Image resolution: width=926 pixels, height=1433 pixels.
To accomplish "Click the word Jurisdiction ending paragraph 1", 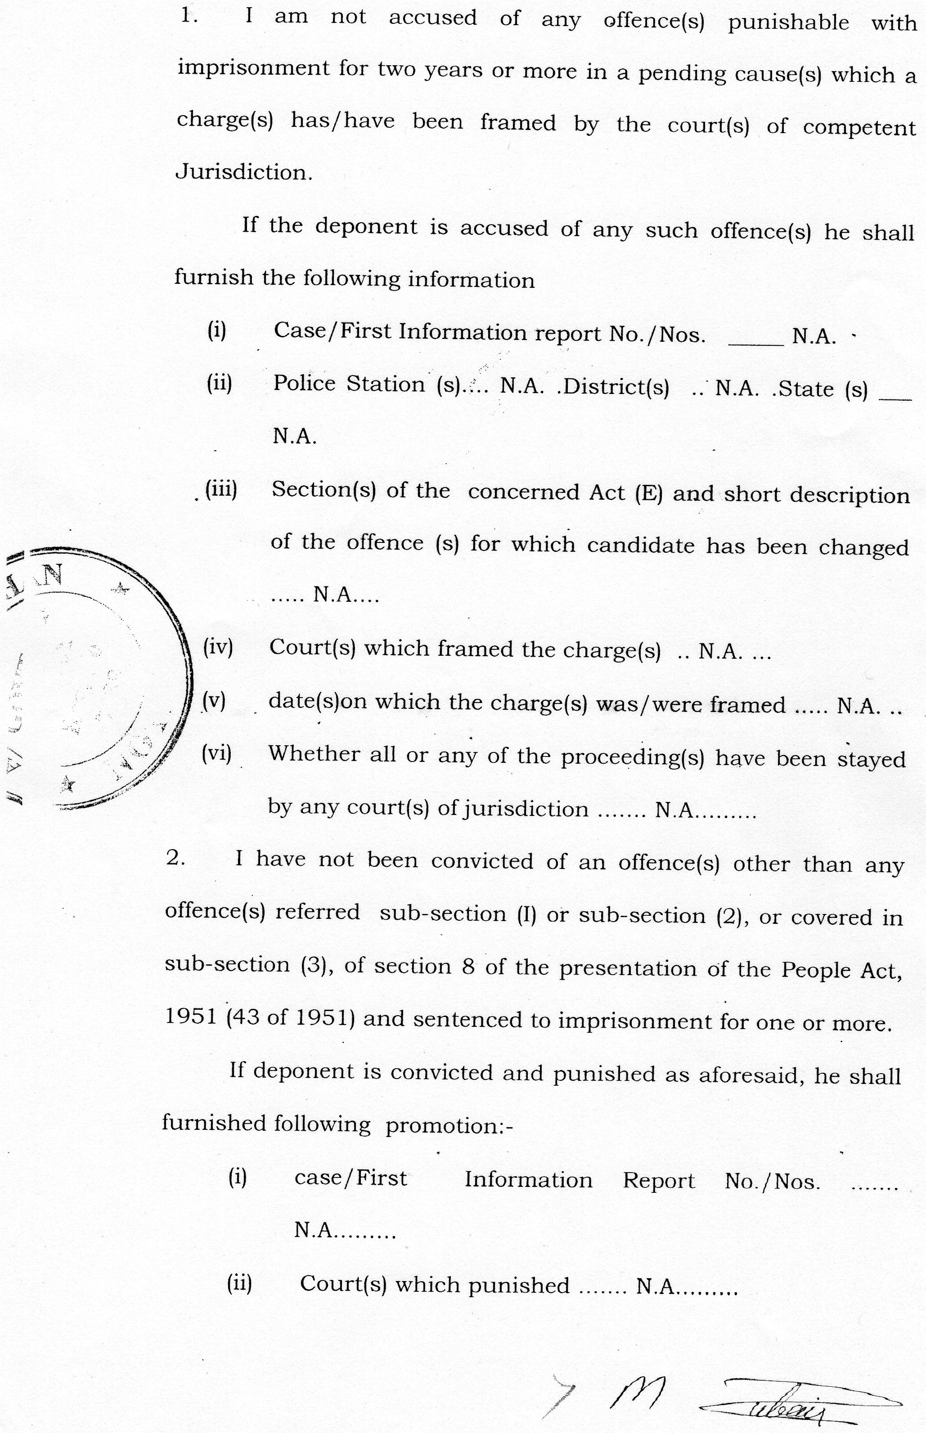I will point(243,173).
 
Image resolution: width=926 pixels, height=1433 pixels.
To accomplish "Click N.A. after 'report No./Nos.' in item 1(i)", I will point(814,336).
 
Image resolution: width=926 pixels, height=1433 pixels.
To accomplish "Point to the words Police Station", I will point(349,384).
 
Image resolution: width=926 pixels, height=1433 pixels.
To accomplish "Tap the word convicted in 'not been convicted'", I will point(482,861).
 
